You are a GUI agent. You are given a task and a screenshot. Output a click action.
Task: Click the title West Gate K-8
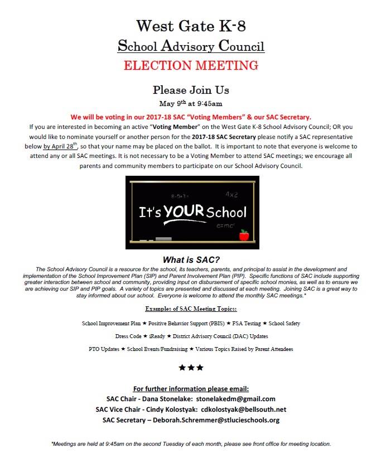(x=190, y=25)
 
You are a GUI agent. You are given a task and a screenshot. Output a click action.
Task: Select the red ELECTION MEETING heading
(x=190, y=65)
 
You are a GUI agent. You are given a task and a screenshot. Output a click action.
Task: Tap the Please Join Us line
(x=190, y=90)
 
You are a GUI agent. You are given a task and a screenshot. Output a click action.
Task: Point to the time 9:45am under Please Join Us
(x=206, y=103)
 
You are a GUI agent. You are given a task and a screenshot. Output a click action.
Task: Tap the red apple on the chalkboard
(x=243, y=236)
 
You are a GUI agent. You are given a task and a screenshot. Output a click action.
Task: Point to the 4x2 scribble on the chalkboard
(x=232, y=195)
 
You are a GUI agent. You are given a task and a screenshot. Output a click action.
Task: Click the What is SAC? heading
(x=190, y=259)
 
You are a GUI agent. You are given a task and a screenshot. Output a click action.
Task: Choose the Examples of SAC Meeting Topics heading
(x=191, y=309)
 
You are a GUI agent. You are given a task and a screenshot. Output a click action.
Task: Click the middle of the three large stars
(x=191, y=368)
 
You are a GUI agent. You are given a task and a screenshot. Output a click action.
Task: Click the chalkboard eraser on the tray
(x=164, y=239)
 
